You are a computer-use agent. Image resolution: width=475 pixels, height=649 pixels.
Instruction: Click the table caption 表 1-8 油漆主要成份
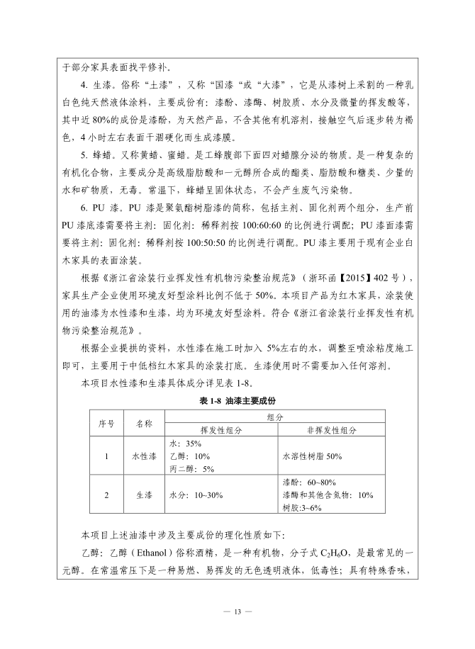[237, 401]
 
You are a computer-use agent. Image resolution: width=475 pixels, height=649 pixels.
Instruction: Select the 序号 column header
[106, 423]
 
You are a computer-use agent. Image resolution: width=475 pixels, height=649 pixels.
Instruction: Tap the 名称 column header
[144, 423]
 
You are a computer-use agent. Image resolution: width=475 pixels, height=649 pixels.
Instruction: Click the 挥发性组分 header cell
[220, 429]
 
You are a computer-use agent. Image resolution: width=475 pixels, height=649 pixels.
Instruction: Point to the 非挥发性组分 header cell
[330, 429]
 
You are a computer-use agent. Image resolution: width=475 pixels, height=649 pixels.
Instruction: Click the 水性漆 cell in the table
[144, 456]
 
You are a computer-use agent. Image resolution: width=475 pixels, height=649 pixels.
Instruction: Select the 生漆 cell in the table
[144, 495]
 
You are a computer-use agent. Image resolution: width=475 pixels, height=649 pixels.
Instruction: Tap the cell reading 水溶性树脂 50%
[312, 456]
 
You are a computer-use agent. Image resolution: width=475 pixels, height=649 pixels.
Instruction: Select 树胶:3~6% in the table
[302, 507]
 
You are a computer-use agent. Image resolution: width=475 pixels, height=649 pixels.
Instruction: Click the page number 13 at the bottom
[238, 611]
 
